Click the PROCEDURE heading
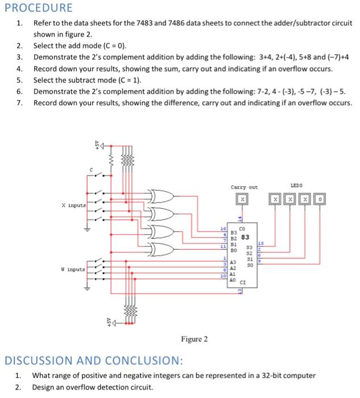38,8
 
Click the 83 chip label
245,237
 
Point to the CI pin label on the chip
243,281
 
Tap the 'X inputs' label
73,206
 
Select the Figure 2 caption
194,339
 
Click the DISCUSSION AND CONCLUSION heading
94,360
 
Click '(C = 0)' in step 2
114,45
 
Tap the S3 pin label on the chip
248,247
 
